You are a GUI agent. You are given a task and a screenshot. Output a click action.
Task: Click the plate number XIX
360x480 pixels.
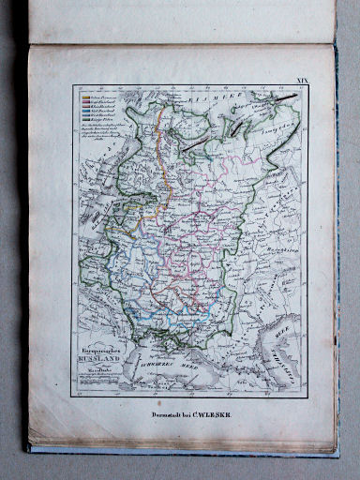point(303,82)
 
